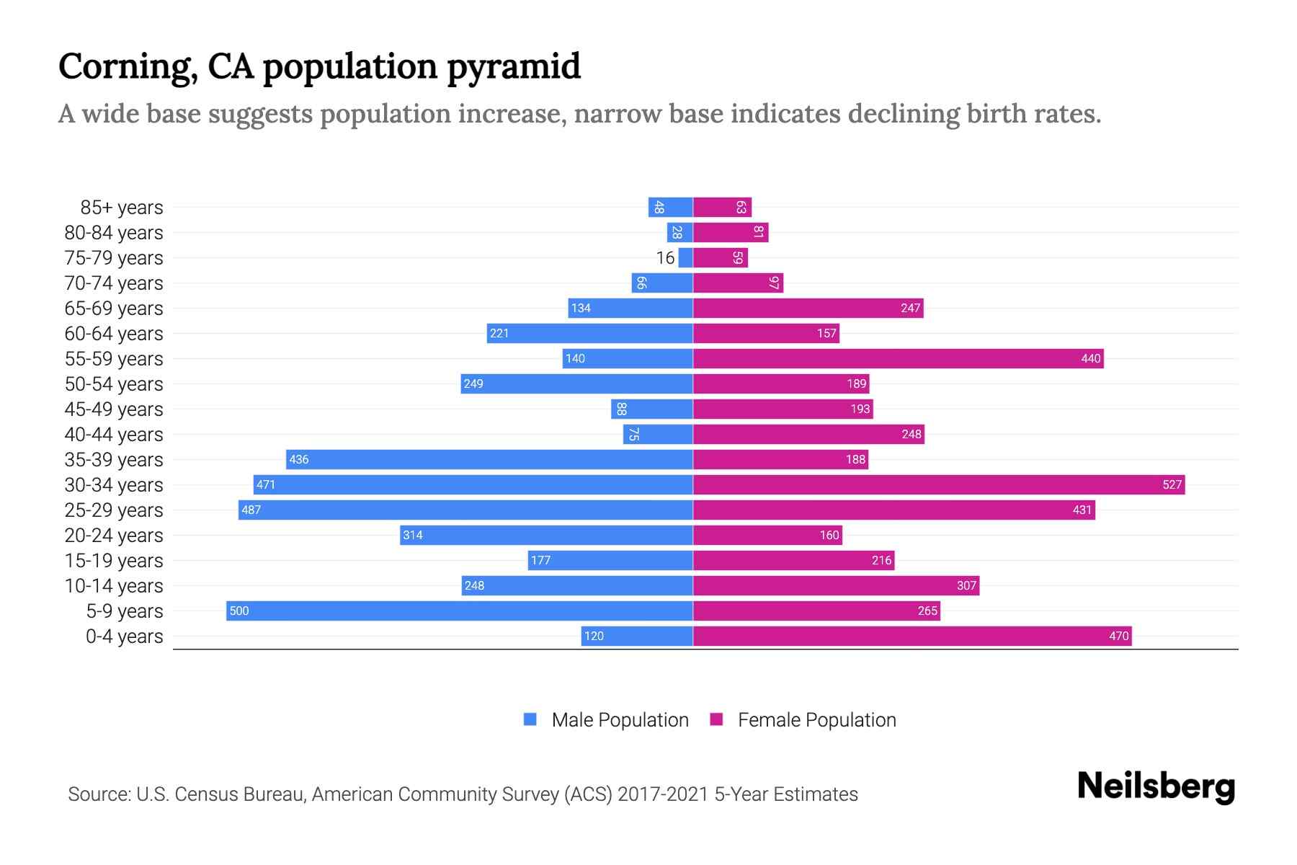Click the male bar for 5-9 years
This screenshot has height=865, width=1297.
point(459,611)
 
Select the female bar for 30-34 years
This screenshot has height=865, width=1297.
point(938,484)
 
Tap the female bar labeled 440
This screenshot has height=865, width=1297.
point(898,358)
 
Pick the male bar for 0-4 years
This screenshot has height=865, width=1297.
point(637,636)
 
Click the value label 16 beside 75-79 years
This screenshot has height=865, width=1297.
point(665,258)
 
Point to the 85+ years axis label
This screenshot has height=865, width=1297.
point(121,208)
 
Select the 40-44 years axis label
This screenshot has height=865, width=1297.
point(114,435)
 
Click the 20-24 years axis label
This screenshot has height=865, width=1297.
point(114,536)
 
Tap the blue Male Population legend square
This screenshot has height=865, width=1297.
point(530,719)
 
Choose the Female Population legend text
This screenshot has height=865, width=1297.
point(816,720)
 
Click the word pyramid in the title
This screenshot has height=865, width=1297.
point(513,67)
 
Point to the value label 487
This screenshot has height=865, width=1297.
point(251,510)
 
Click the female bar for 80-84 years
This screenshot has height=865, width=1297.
point(731,233)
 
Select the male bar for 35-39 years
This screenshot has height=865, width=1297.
point(489,459)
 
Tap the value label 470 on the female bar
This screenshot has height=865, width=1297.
point(1118,636)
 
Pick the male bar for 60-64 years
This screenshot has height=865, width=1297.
point(589,333)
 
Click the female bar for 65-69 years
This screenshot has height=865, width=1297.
point(808,308)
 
